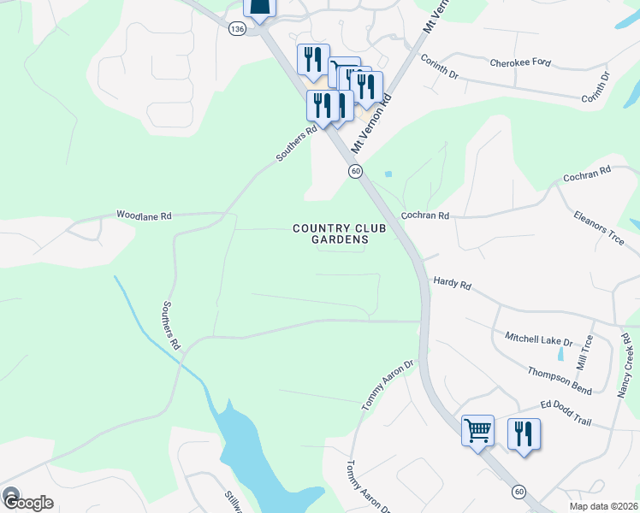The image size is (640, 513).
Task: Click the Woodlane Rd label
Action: coord(145,215)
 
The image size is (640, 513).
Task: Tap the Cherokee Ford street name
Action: coord(520,63)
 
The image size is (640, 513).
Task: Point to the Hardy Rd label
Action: coord(453,281)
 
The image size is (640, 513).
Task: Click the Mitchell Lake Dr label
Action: coord(537,339)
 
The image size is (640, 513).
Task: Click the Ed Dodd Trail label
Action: coord(566,408)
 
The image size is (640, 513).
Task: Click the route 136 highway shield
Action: coord(237,29)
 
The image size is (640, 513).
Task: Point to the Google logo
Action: coord(27,502)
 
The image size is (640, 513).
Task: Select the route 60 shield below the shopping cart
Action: coord(519,492)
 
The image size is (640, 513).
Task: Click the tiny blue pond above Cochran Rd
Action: coord(388,174)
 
